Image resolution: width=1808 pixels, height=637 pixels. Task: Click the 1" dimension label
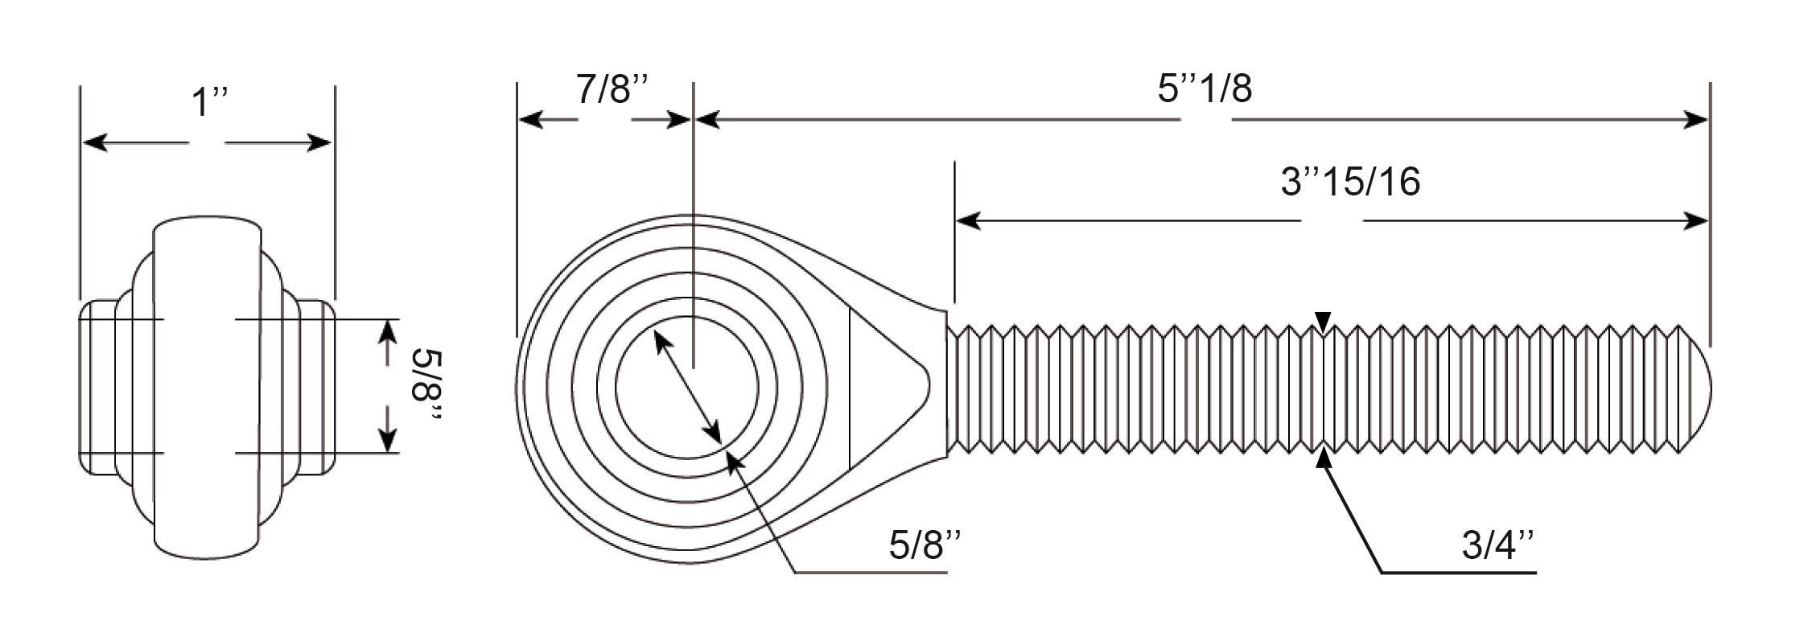pyautogui.click(x=208, y=104)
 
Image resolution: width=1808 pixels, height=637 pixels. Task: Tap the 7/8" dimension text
pyautogui.click(x=612, y=88)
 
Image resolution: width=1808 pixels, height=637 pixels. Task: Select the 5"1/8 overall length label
pyautogui.click(x=1205, y=88)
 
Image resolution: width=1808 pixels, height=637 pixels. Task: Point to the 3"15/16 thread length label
pyautogui.click(x=1350, y=182)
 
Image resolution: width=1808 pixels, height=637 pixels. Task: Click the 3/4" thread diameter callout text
pyautogui.click(x=1498, y=546)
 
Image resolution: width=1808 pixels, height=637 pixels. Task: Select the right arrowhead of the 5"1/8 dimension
pyautogui.click(x=1694, y=120)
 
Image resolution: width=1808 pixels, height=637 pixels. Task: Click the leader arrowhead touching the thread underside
pyautogui.click(x=1324, y=461)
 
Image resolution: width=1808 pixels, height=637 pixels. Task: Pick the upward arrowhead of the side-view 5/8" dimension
pyautogui.click(x=389, y=333)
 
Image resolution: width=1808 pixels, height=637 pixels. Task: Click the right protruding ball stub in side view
pyautogui.click(x=316, y=388)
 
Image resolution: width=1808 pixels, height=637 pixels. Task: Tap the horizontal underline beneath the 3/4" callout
pyautogui.click(x=1459, y=573)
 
